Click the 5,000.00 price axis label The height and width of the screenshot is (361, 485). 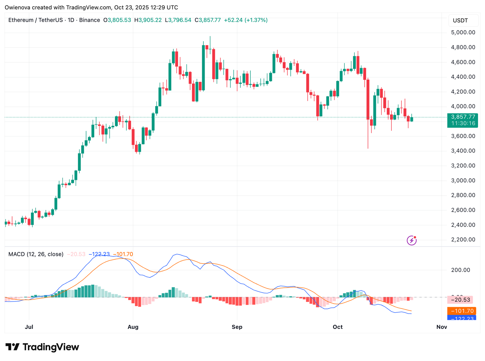[x=463, y=32]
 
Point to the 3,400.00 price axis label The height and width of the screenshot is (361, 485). [x=463, y=151]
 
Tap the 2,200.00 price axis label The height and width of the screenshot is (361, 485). [x=463, y=240]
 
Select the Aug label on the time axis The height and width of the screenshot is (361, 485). [x=133, y=327]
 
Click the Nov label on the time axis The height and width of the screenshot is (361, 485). [x=442, y=327]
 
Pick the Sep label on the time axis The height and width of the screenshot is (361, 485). [x=237, y=327]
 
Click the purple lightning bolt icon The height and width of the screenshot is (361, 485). [x=411, y=240]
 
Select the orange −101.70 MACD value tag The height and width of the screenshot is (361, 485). [x=462, y=311]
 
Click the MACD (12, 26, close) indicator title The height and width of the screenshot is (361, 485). [x=36, y=254]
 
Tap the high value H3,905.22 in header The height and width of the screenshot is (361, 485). [x=148, y=20]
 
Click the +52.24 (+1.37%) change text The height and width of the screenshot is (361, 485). [x=246, y=20]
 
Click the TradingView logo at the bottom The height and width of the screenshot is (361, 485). [x=42, y=347]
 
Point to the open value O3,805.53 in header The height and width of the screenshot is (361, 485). [x=117, y=20]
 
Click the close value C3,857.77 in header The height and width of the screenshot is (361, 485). [x=208, y=20]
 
